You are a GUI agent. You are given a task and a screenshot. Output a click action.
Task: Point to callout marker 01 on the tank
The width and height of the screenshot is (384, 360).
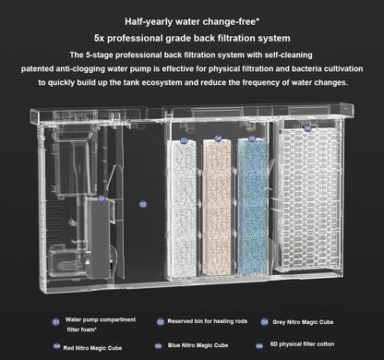[102, 198]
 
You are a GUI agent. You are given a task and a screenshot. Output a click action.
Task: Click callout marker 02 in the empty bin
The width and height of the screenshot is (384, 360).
[143, 204]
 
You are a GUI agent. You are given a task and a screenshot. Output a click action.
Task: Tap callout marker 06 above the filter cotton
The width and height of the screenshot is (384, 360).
[308, 130]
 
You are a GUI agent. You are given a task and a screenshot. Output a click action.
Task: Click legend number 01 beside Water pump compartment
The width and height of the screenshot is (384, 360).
[56, 322]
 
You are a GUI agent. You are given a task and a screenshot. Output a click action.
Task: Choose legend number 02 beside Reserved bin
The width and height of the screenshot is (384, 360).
[160, 322]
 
